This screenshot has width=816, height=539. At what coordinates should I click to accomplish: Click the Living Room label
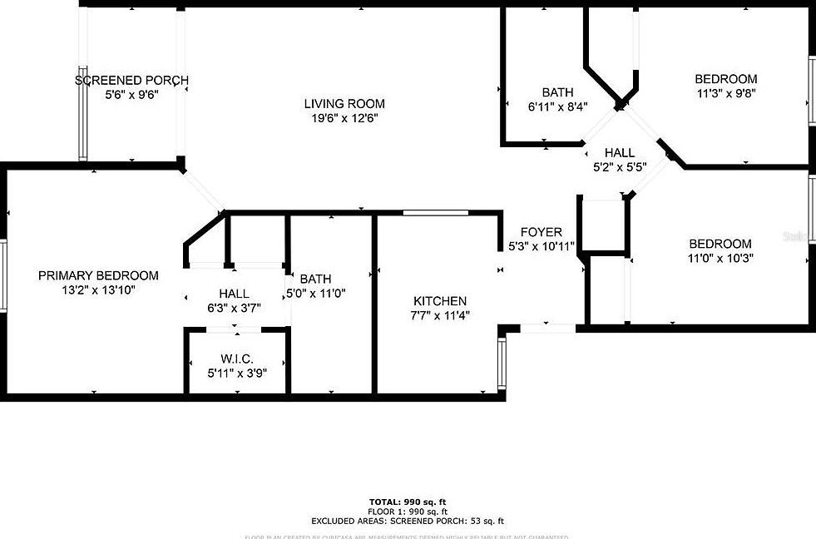tap(344, 104)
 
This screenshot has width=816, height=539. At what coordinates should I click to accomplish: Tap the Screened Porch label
tap(131, 81)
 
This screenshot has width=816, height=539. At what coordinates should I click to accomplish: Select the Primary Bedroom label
tap(98, 276)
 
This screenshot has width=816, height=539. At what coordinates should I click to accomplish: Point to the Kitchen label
tap(440, 301)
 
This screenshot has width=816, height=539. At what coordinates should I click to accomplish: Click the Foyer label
tap(541, 232)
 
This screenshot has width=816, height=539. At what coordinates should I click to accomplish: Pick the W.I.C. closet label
tap(236, 359)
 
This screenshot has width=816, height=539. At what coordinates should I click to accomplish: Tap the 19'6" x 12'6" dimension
tap(344, 119)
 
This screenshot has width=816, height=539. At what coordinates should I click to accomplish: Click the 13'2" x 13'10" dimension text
tap(98, 290)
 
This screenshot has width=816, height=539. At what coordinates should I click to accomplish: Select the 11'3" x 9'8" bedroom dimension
tap(726, 94)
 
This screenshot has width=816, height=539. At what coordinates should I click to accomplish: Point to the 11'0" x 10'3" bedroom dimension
tap(720, 259)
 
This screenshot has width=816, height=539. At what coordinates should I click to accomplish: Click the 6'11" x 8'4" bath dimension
tap(557, 106)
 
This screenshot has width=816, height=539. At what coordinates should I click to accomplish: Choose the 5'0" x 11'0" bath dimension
tap(315, 293)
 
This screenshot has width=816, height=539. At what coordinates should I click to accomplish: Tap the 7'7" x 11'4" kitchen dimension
tap(440, 316)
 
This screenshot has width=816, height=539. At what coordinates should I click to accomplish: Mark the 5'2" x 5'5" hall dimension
tap(619, 167)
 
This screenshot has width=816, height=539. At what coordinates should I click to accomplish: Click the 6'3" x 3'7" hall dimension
tap(234, 309)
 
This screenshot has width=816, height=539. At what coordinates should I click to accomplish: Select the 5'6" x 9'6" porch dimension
tap(131, 95)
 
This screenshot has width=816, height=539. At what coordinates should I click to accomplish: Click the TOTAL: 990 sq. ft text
tap(408, 502)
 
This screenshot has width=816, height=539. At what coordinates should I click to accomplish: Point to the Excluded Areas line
tap(408, 521)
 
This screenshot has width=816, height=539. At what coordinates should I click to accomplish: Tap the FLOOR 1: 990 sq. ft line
tap(408, 512)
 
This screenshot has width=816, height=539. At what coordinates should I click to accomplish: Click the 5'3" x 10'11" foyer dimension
tap(541, 246)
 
